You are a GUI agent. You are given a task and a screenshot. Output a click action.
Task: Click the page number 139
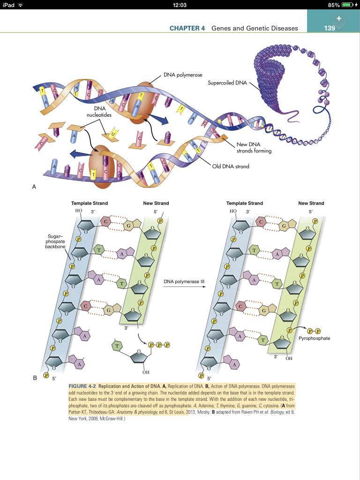coord(330,28)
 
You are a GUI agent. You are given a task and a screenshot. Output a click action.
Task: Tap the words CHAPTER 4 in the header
coord(187,28)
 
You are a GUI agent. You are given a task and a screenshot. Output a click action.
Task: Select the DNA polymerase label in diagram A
coord(183,75)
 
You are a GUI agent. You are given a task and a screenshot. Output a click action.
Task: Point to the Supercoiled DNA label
coord(227,83)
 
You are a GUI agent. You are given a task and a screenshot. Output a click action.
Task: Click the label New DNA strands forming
coord(254,148)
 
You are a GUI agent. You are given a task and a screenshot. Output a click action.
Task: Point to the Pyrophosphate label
coord(315,338)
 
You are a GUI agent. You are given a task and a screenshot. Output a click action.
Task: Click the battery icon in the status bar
coord(347,5)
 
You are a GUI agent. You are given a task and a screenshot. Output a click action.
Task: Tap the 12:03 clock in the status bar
coord(180,5)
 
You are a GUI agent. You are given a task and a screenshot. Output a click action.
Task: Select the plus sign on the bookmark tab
coord(339,18)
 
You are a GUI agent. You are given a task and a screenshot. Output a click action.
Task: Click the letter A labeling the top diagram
coord(34,187)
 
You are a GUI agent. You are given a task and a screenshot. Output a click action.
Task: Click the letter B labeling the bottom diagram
coord(34,378)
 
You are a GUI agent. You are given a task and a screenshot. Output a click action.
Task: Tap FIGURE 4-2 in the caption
coord(82,386)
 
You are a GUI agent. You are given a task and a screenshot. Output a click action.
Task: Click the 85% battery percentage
coord(334,5)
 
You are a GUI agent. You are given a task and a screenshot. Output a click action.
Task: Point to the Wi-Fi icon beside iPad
coord(21,5)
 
